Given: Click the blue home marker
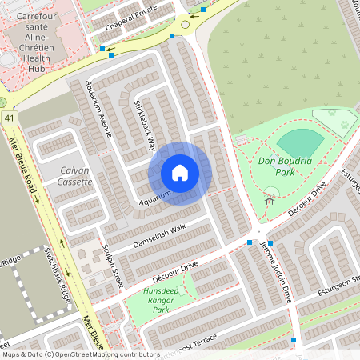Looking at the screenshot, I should pos(180,173).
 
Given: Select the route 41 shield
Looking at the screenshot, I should pos(10,118).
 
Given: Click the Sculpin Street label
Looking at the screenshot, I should pos(111,260).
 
